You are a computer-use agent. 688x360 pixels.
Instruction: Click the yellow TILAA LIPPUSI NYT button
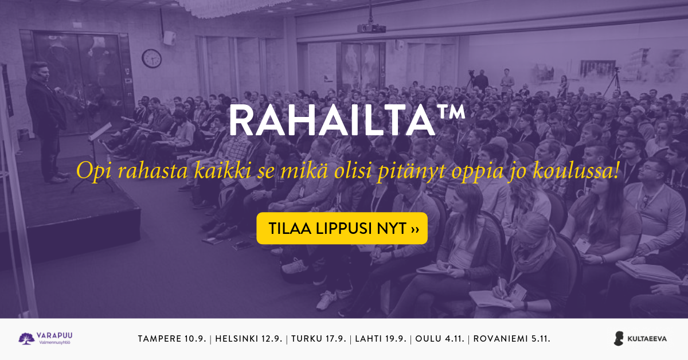point(342,228)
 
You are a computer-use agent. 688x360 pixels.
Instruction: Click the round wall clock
point(152,58)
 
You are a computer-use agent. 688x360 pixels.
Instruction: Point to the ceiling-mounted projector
point(372,28)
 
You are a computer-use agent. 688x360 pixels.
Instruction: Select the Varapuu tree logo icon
point(26,338)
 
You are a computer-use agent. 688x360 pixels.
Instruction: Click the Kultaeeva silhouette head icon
point(619,338)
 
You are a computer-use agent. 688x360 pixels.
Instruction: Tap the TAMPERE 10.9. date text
point(172,339)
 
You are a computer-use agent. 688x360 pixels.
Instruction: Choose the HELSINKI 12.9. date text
point(249,339)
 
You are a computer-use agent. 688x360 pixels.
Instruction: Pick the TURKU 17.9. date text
point(319,339)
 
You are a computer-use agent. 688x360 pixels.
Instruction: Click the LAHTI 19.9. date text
point(381,339)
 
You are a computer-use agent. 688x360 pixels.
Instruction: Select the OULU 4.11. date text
point(440,339)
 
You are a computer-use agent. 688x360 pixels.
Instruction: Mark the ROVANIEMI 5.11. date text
point(511,339)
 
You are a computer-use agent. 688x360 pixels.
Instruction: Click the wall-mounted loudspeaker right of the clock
point(169,38)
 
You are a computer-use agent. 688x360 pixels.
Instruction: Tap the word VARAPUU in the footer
point(54,335)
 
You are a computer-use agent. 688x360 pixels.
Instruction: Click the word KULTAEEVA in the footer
point(647,339)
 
